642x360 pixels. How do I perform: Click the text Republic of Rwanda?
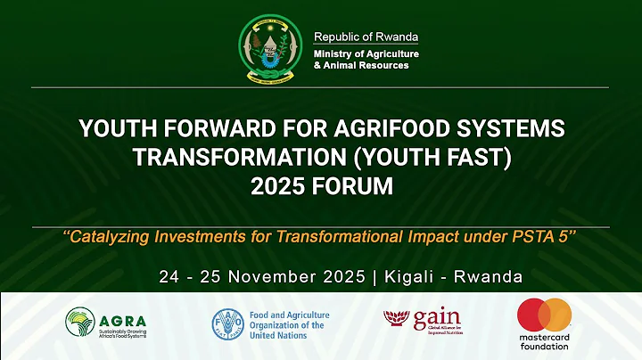(366, 37)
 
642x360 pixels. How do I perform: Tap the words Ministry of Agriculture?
(366, 54)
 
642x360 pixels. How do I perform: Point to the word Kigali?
(416, 275)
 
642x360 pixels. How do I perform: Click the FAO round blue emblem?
(227, 325)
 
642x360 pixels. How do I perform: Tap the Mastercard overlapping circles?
(544, 315)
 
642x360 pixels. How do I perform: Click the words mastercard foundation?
(544, 342)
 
